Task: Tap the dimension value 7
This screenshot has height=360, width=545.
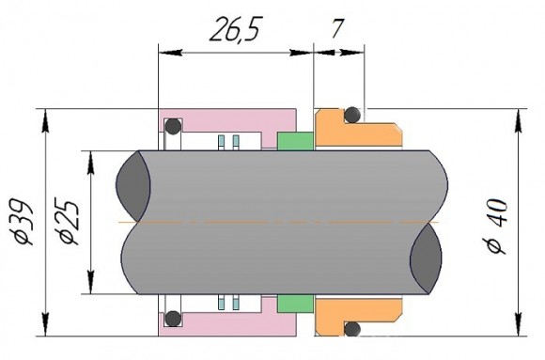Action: (x=335, y=29)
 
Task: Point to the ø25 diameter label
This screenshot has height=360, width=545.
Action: (x=67, y=221)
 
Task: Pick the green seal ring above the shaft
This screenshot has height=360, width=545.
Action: (x=295, y=142)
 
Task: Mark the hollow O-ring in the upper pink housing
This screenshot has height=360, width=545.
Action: (x=173, y=126)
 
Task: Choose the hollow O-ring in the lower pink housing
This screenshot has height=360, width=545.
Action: (x=173, y=318)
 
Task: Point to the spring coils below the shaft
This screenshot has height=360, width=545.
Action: (x=228, y=304)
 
